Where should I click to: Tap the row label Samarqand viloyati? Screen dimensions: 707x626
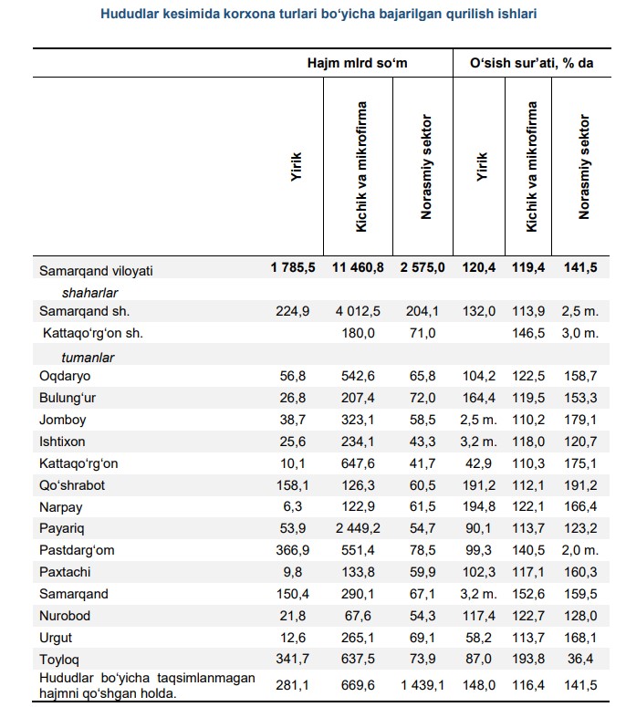(x=96, y=271)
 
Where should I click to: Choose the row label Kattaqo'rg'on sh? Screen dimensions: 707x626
(x=93, y=333)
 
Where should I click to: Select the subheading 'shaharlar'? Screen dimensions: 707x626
(x=89, y=292)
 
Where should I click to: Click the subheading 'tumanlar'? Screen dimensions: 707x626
(x=88, y=356)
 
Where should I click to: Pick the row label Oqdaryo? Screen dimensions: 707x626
(x=65, y=376)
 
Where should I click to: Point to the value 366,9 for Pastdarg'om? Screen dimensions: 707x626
(x=293, y=550)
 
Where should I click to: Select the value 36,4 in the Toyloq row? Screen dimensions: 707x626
(x=582, y=659)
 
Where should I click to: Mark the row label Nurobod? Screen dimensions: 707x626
(x=65, y=616)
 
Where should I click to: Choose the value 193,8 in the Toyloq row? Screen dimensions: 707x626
(x=530, y=659)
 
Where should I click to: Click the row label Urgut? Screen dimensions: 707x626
(x=57, y=638)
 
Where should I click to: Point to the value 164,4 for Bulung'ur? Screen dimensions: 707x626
(x=480, y=398)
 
